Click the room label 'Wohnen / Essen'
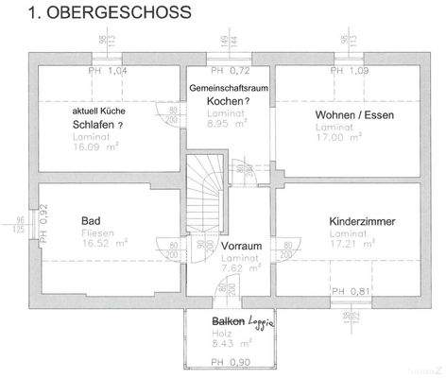354,114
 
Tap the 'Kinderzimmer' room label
362,221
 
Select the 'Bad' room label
92,220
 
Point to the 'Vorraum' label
241,246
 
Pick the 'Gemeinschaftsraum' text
230,87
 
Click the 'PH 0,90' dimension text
230,363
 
